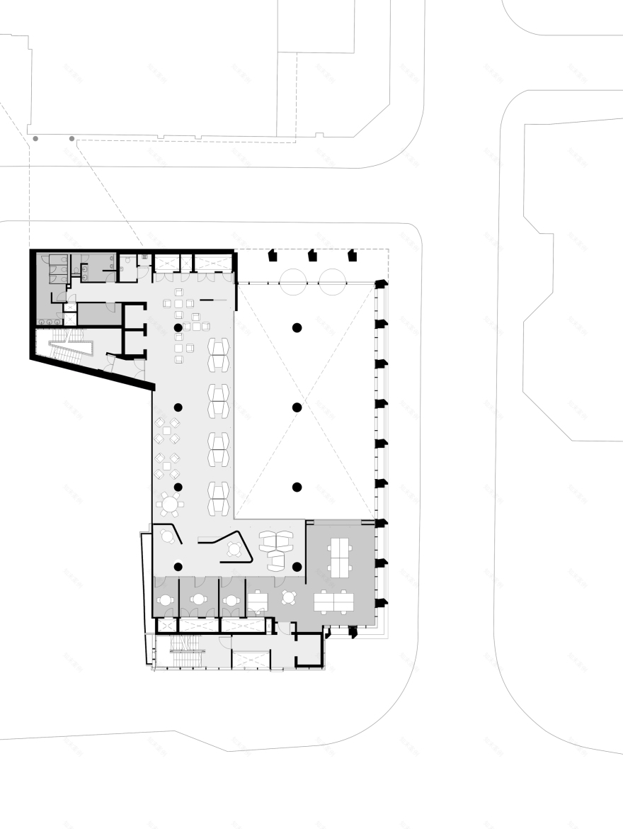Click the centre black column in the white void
[297, 407]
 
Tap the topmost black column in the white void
[297, 327]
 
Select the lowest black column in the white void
[297, 487]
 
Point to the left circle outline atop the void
[295, 282]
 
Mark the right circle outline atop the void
[331, 282]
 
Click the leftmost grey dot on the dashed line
[35, 139]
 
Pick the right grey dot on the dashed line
[72, 139]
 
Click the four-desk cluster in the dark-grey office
[342, 556]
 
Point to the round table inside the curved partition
[234, 548]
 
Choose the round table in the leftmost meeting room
[165, 600]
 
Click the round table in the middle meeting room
[198, 600]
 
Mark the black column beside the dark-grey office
[297, 566]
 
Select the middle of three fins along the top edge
[311, 255]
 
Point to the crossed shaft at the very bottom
[250, 660]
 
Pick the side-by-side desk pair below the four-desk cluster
[334, 602]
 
